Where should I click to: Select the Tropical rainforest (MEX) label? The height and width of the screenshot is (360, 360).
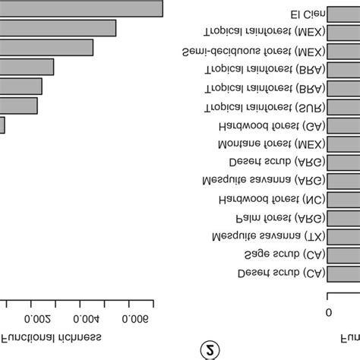pyautogui.click(x=258, y=33)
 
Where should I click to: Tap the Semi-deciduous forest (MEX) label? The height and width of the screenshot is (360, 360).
pyautogui.click(x=248, y=52)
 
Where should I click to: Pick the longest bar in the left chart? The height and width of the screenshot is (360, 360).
pyautogui.click(x=81, y=8)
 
